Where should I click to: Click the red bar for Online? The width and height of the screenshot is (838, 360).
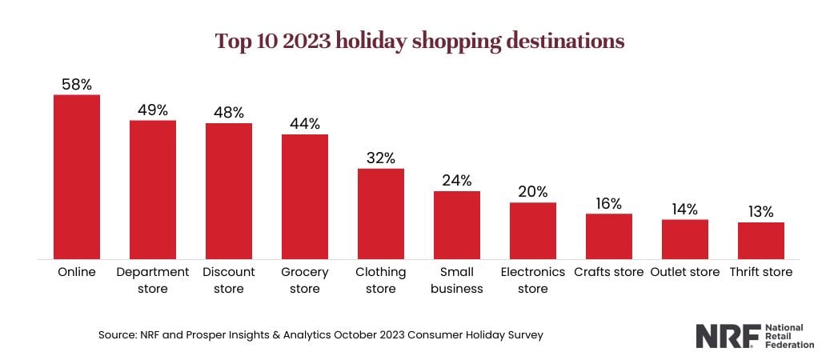[x=77, y=177]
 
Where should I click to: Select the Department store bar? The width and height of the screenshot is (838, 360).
[x=153, y=190]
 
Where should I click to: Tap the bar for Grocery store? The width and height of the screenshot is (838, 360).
[x=305, y=196]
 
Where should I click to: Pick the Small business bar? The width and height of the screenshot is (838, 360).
[x=457, y=225]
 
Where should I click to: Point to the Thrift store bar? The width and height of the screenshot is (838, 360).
[x=760, y=241]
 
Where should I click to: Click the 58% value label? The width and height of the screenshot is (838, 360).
[x=77, y=84]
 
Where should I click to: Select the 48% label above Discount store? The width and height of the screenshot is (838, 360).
[x=229, y=112]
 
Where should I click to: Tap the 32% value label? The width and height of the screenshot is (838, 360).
[x=381, y=158]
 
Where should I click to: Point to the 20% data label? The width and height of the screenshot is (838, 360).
[x=533, y=191]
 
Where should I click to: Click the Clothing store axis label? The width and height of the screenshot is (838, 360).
[x=381, y=280]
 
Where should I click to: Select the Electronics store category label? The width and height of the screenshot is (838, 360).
[x=533, y=280]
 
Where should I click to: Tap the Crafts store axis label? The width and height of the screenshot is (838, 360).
[x=609, y=272]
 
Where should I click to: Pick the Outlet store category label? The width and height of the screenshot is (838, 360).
[x=685, y=272]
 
